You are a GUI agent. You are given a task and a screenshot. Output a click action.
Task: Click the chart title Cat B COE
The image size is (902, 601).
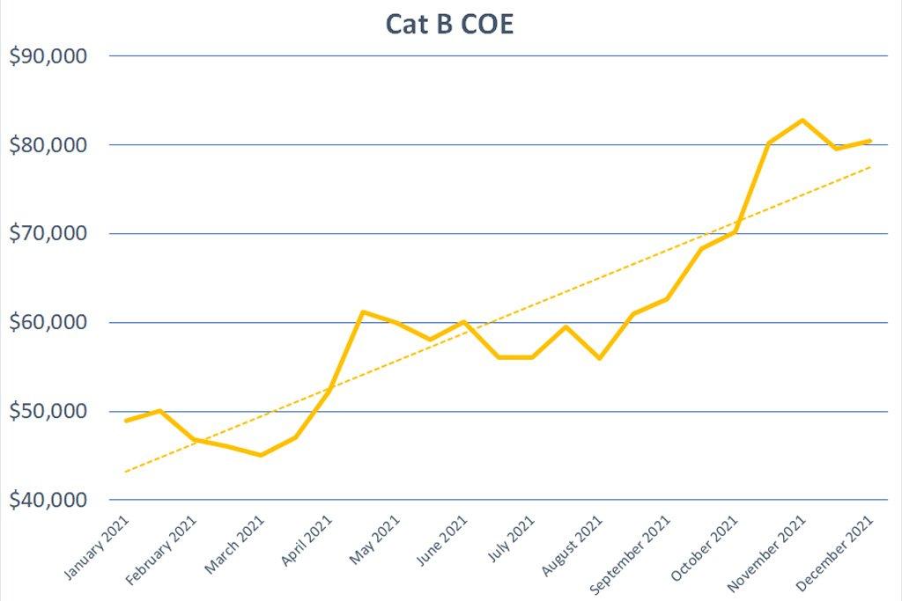(x=449, y=25)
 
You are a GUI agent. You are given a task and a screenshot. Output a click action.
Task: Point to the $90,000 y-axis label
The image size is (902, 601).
(x=48, y=56)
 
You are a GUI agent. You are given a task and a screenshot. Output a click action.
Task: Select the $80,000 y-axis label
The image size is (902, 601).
(x=48, y=145)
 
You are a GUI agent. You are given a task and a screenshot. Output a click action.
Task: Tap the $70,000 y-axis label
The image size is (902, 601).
(x=48, y=234)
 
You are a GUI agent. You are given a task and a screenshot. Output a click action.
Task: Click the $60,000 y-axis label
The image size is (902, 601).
(x=48, y=323)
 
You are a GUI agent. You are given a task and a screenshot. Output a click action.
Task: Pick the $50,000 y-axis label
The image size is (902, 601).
(x=48, y=412)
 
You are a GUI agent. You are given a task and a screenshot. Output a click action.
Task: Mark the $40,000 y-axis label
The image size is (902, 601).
(x=48, y=501)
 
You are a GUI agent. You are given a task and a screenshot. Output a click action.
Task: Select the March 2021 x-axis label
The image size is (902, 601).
(x=234, y=546)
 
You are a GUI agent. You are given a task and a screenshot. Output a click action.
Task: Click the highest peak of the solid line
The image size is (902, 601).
(x=802, y=120)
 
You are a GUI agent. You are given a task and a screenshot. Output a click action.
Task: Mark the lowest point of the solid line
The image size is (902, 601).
(x=261, y=455)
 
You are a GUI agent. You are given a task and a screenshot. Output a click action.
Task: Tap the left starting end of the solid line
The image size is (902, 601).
(x=126, y=421)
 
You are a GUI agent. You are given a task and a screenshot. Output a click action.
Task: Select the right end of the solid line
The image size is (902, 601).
(x=870, y=140)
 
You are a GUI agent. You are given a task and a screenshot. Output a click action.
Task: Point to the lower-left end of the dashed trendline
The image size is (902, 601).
(x=126, y=473)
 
